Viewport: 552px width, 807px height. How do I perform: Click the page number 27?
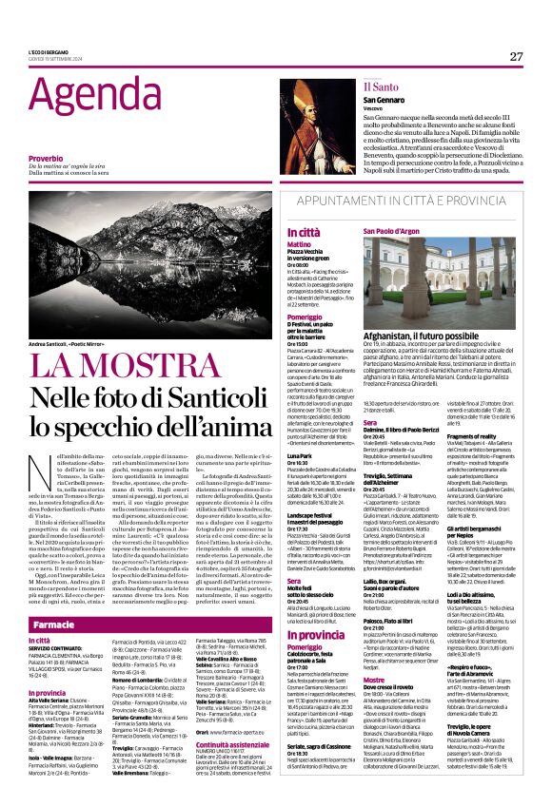point(516,56)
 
